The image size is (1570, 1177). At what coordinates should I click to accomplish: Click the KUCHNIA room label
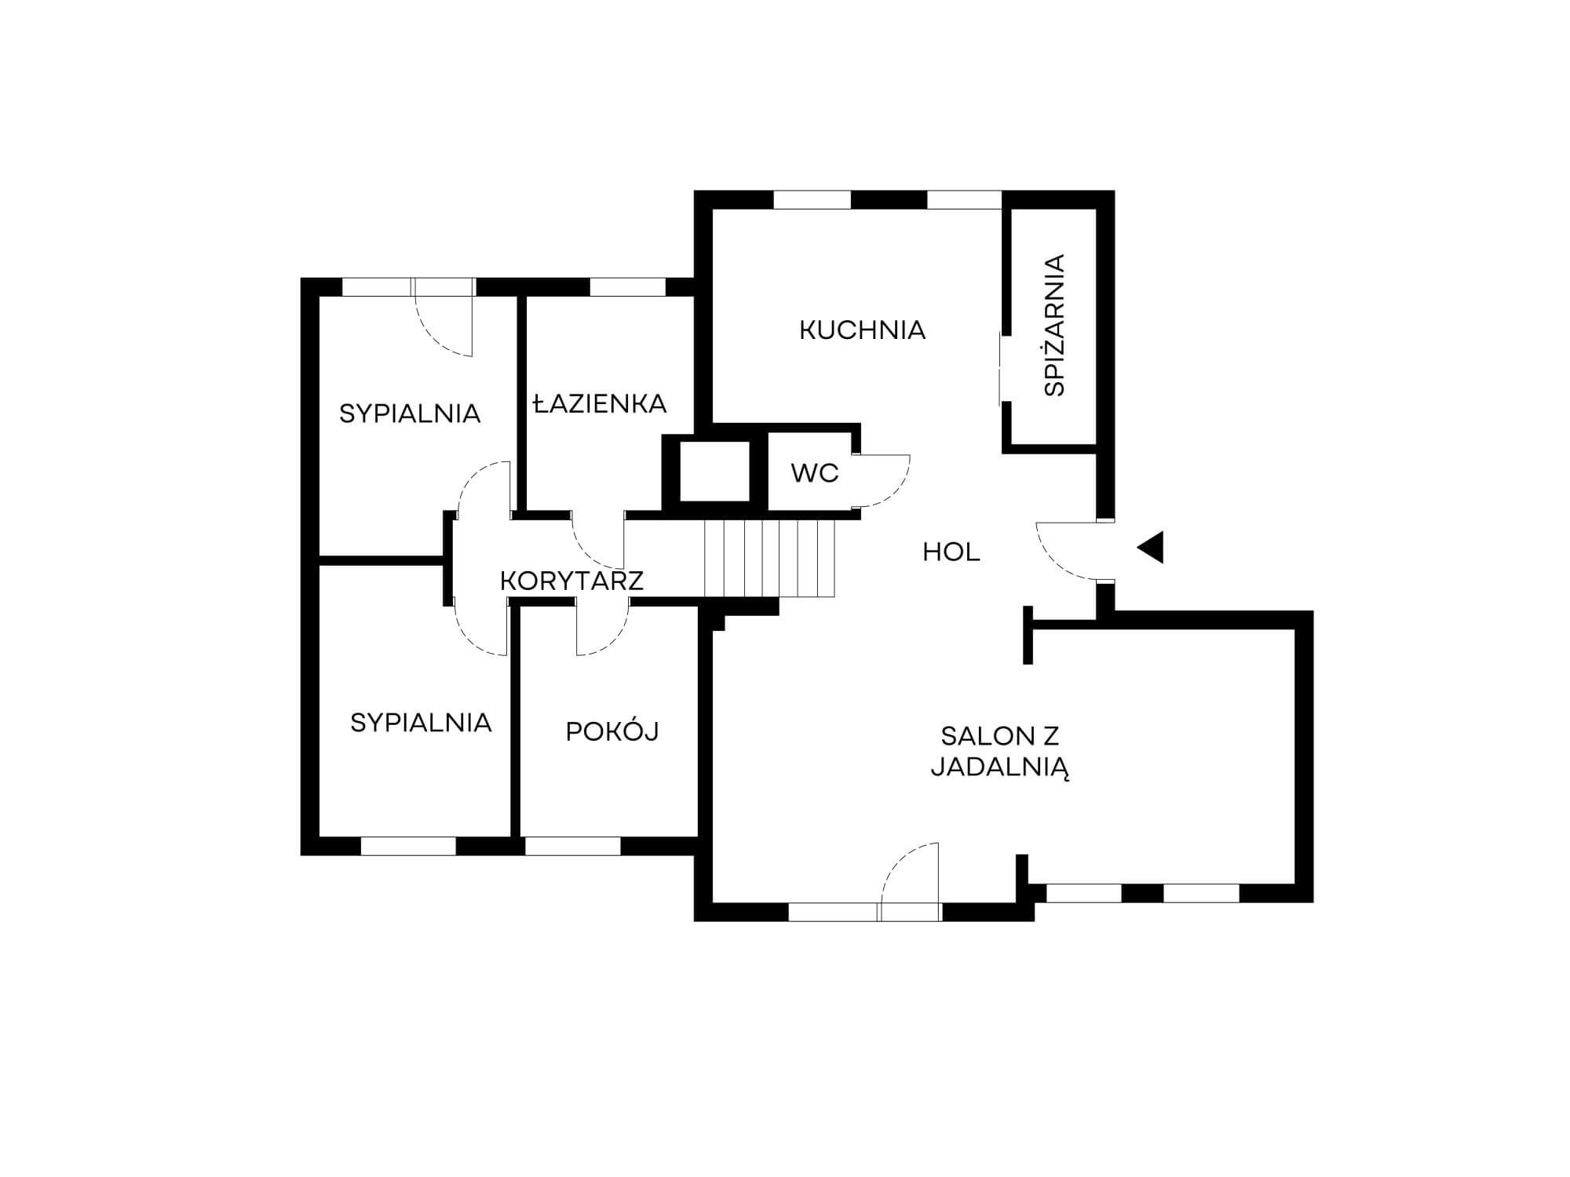tap(862, 330)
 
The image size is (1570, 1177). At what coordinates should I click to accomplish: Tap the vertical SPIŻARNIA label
tap(1055, 325)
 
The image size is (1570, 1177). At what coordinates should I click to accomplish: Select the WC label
tap(815, 473)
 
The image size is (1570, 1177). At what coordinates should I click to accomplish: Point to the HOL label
tap(951, 552)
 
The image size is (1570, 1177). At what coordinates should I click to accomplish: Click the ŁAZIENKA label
tap(599, 404)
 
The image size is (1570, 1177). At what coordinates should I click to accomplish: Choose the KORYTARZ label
tap(571, 581)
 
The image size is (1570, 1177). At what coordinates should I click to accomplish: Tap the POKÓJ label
tap(612, 731)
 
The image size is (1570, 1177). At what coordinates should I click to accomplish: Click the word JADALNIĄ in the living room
tap(1001, 768)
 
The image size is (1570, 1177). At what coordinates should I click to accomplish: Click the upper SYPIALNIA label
tap(410, 414)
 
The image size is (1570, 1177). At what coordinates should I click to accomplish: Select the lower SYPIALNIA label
tap(421, 723)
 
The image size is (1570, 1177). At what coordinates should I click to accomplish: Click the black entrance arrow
tap(1151, 548)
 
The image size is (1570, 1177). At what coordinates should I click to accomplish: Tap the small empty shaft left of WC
tap(714, 471)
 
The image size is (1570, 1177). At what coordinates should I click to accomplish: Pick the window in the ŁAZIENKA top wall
tap(627, 287)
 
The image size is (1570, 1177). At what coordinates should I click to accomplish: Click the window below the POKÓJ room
tap(572, 846)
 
